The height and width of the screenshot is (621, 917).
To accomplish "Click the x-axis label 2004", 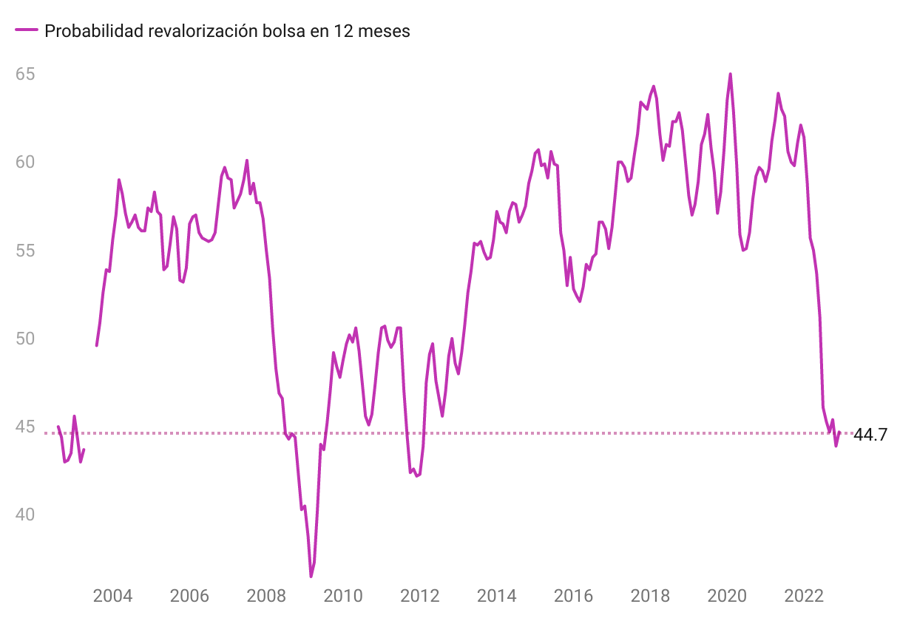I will (x=112, y=596).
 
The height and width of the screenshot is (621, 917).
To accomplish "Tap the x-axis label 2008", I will (x=266, y=596).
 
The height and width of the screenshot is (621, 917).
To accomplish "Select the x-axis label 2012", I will (x=420, y=596).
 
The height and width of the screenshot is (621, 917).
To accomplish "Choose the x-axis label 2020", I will (x=728, y=596).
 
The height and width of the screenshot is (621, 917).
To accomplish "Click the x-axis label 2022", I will (x=805, y=596).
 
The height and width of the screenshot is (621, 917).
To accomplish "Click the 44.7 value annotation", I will (x=870, y=435).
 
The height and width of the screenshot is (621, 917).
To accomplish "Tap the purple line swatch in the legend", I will (x=27, y=30).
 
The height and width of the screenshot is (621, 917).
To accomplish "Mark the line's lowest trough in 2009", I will (x=311, y=576).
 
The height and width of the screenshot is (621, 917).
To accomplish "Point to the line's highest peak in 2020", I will (x=731, y=74).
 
